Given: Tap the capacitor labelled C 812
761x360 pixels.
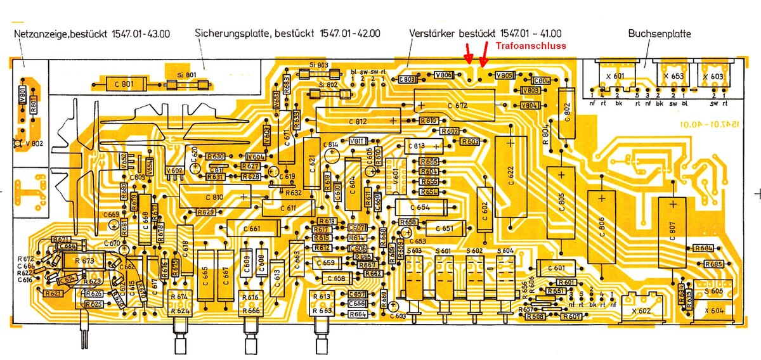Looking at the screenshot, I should tap(358, 120).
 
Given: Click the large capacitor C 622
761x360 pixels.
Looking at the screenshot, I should tap(511, 176).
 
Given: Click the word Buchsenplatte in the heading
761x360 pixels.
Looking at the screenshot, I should tap(660, 34).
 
